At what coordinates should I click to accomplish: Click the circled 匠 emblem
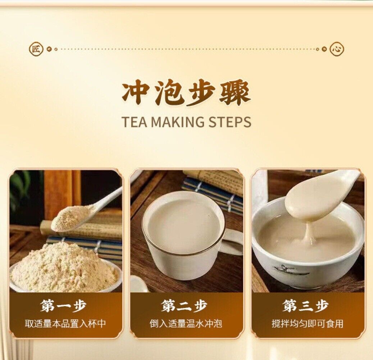(x=36, y=49)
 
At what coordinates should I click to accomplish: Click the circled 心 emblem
(x=337, y=49)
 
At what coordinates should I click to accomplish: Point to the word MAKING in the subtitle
(x=177, y=122)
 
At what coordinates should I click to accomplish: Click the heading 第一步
(x=63, y=306)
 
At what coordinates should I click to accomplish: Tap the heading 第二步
(x=185, y=306)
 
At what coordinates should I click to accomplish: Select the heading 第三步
(x=306, y=306)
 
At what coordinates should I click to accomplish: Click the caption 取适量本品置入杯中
(x=65, y=324)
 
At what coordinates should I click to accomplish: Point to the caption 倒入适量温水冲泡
(x=186, y=324)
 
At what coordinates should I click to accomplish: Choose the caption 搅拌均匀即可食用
(x=308, y=324)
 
